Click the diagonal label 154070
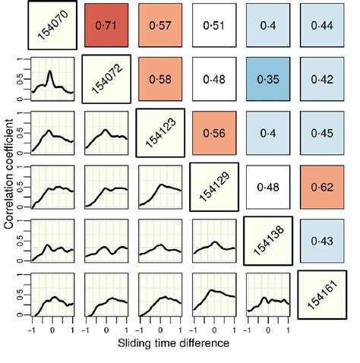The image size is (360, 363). tap(52, 26)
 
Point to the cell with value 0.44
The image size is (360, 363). tap(322, 26)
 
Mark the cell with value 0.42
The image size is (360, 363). tap(322, 80)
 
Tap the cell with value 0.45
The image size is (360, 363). tap(322, 133)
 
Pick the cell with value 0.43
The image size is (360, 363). tap(322, 241)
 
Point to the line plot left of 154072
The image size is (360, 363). tap(52, 80)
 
